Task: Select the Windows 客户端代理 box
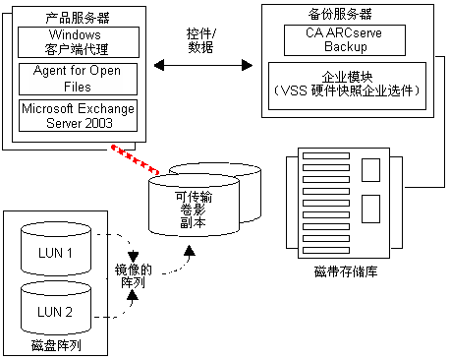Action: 78,42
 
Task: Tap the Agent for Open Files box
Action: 78,79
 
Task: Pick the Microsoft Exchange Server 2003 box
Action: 78,114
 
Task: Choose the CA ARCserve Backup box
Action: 347,40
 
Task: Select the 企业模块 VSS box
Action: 347,83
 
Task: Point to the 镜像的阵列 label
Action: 130,275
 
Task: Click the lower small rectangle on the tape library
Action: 370,209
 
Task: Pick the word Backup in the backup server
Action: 347,47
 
